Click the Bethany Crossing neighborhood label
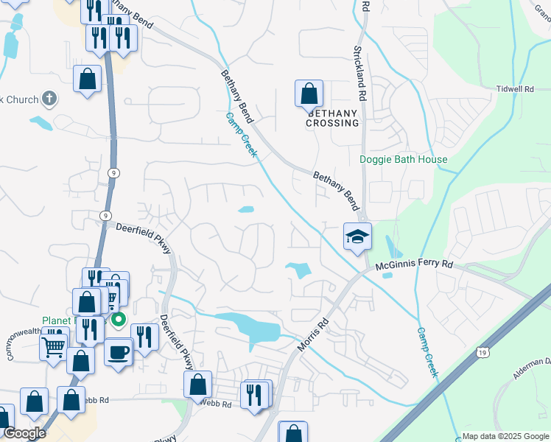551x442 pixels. click(332, 118)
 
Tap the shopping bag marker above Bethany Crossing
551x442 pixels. click(309, 94)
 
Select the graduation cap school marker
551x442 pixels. click(357, 236)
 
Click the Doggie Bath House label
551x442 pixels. click(403, 159)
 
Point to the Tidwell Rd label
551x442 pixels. click(515, 88)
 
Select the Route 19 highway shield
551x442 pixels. click(482, 354)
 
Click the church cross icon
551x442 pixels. click(49, 98)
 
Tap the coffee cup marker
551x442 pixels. click(118, 352)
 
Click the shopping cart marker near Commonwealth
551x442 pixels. click(53, 346)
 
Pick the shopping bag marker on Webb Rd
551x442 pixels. click(197, 385)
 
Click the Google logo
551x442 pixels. click(24, 433)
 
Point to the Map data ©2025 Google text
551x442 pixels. click(505, 436)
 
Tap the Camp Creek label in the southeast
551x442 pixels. click(428, 354)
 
